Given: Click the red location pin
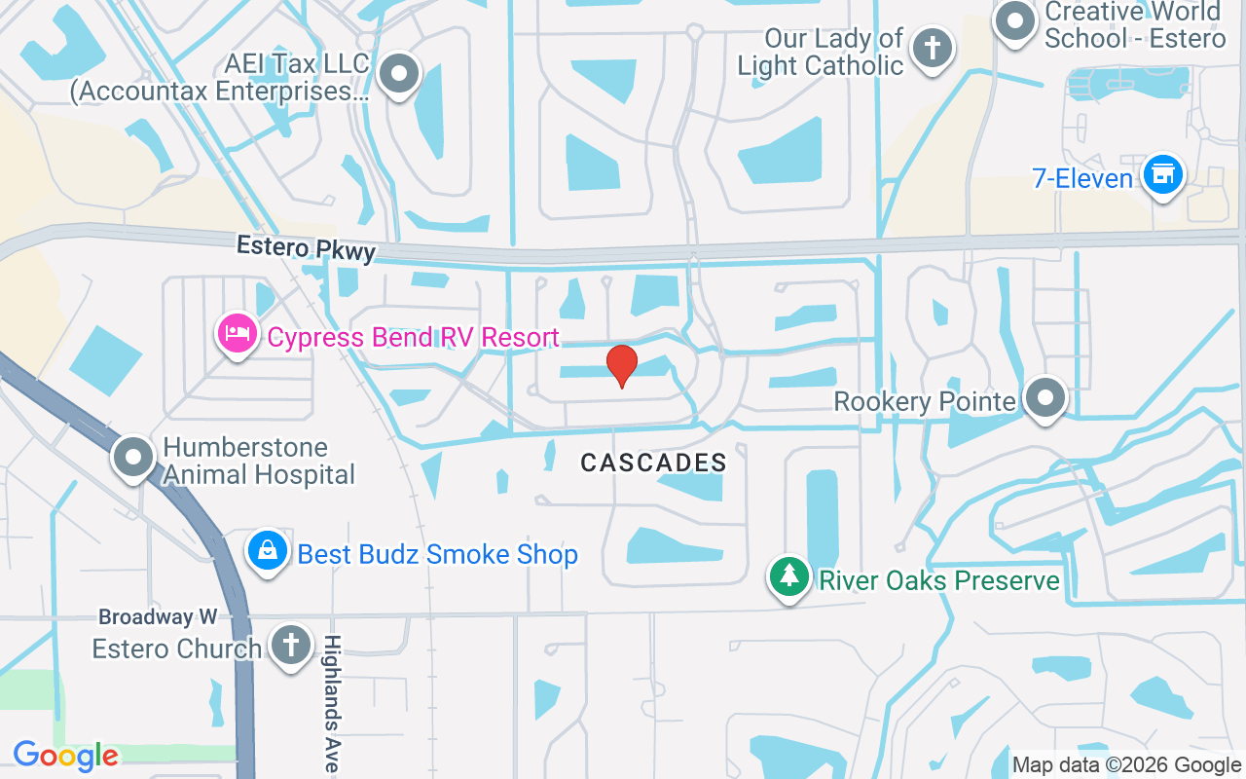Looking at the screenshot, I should click(x=622, y=365).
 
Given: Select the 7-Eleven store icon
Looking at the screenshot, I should click(x=1161, y=175).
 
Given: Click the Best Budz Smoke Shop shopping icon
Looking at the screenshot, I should click(x=268, y=552).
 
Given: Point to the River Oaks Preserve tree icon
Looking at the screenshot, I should click(x=789, y=576).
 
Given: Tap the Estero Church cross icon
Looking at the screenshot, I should click(x=289, y=645).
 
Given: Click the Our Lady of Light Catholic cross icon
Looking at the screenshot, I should click(x=933, y=47).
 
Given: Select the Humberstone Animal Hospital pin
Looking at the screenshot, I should click(x=133, y=458).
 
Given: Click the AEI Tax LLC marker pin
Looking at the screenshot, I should click(x=398, y=74).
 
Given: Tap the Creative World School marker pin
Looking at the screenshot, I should click(x=1015, y=20).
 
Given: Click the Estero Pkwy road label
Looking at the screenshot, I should click(x=306, y=248).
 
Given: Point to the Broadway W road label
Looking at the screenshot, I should click(x=158, y=617).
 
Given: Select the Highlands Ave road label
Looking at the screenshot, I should click(x=332, y=703).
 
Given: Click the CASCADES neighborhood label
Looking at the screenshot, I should click(x=653, y=463).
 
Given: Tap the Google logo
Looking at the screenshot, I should click(x=65, y=755).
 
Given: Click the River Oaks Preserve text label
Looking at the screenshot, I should click(x=938, y=580).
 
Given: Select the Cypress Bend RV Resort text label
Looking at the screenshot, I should click(x=413, y=338).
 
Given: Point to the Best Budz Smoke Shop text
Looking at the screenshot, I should click(x=437, y=554).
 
